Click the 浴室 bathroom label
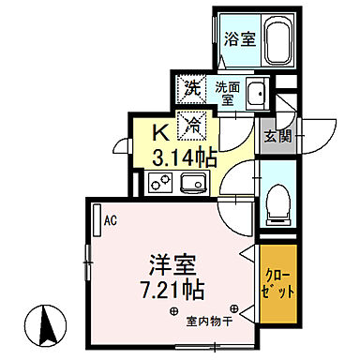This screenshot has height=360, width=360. tap(239, 38)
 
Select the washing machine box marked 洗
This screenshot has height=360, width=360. tap(191, 90)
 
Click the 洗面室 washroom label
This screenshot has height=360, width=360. tap(227, 93)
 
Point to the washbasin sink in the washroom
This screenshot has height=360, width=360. tap(257, 93)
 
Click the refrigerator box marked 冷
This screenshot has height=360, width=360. tap(192, 122)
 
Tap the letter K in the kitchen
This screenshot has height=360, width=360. tap(160, 129)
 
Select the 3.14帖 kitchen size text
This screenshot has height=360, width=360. tap(183, 155)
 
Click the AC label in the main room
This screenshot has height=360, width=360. tap(111, 222)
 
